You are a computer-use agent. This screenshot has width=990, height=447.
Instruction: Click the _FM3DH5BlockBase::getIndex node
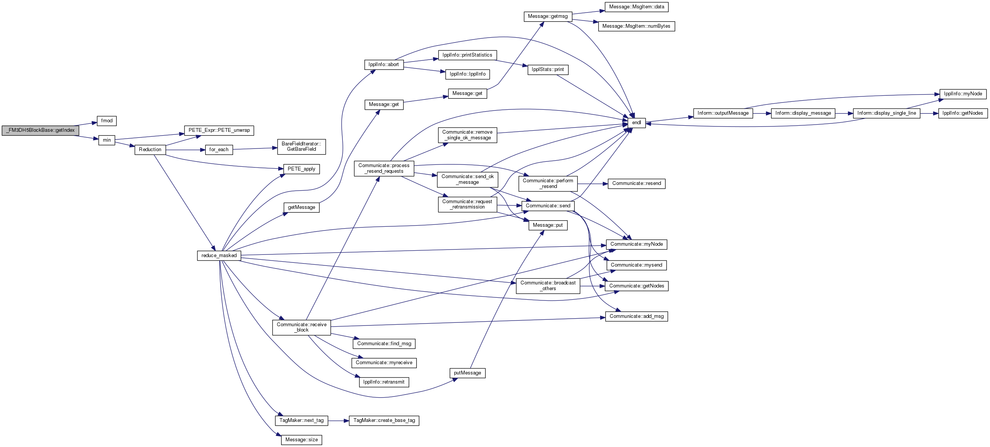coord(40,130)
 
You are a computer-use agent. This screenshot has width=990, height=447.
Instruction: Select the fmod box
coord(107,121)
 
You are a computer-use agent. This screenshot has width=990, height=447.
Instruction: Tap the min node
coord(107,140)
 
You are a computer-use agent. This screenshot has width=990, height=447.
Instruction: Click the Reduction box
coord(150,150)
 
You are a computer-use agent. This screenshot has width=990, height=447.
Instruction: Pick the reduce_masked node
coord(219,256)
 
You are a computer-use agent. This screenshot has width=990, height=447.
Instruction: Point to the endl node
coord(637,123)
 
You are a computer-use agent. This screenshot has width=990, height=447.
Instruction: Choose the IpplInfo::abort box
coord(383,65)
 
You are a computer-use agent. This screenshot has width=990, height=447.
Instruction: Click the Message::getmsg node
coord(548,17)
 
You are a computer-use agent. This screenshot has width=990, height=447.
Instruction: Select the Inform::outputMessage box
coord(723,114)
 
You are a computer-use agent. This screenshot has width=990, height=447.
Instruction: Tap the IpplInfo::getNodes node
coord(963,114)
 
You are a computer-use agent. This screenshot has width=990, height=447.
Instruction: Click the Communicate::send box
coord(548,206)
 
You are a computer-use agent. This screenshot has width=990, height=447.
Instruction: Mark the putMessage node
coord(467,373)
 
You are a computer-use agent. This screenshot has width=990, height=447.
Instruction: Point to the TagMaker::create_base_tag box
coord(384,420)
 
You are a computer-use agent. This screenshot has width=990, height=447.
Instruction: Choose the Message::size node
coord(302,440)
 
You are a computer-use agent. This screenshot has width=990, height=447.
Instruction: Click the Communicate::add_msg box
coord(637,316)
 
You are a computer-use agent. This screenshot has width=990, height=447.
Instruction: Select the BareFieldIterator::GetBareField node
coord(302,147)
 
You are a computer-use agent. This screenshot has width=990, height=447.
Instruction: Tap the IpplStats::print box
coord(548,69)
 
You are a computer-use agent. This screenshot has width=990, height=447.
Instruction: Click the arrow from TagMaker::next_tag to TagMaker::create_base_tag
coord(338,420)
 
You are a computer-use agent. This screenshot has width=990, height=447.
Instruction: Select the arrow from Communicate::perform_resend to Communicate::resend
coord(593,184)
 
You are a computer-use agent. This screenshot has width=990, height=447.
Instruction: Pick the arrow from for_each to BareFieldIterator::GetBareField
coord(255,149)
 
